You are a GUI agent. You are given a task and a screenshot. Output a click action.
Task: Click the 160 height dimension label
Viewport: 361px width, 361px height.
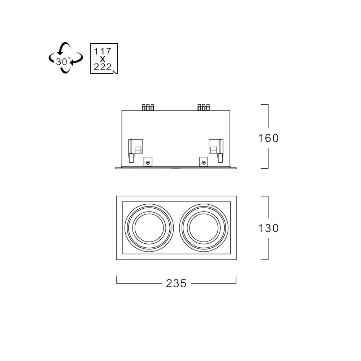[268, 138]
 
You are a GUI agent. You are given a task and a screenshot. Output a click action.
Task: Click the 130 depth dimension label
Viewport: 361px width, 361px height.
[268, 228]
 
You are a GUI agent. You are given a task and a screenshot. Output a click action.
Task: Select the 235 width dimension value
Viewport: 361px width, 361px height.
[176, 283]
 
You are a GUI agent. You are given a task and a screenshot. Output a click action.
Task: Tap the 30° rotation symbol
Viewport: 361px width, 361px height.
[66, 58]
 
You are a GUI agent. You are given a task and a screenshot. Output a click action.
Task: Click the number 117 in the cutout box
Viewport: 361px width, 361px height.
[103, 51]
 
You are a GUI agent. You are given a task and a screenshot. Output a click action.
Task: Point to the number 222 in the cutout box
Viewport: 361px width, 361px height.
[103, 67]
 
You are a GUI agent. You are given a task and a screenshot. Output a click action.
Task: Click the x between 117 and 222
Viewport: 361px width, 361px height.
[103, 59]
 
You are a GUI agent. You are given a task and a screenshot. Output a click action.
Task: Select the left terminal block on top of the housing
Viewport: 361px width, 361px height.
[148, 107]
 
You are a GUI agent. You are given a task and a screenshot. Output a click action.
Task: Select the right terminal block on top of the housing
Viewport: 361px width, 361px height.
[204, 107]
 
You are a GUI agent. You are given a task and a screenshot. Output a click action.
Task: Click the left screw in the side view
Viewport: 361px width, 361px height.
[148, 163]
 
